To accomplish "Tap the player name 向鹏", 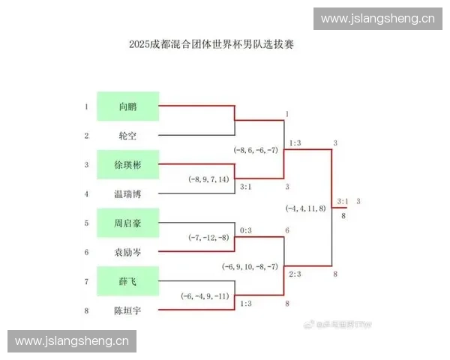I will click(127, 106).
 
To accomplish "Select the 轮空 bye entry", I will click(127, 136).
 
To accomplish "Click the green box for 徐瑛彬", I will click(127, 164).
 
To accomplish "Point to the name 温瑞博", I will click(127, 194).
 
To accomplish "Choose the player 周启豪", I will click(127, 223).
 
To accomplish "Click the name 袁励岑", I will click(127, 253).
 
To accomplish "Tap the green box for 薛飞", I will click(127, 281).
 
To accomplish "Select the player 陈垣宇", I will click(127, 310).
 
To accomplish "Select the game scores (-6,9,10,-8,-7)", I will click(250, 267).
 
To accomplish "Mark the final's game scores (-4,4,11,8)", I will click(306, 208).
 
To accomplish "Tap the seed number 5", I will click(86, 223).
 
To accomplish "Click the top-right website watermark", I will click(377, 19).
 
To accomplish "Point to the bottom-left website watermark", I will click(72, 341).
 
